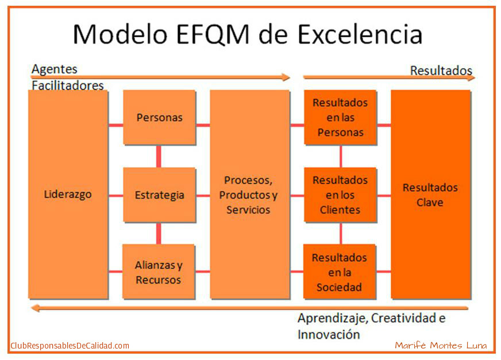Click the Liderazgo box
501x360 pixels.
pos(68,195)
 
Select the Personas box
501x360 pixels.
pos(160,117)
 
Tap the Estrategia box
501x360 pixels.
pos(160,195)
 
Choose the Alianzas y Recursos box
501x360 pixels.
pos(159,272)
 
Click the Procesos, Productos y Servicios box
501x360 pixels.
pos(249,195)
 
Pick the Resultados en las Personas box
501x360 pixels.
pos(340,117)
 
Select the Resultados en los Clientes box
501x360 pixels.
pos(340,195)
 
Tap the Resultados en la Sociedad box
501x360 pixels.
pos(340,272)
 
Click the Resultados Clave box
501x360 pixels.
pos(431,195)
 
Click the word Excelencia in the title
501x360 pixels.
pos(360,34)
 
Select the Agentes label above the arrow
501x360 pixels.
pos(55,69)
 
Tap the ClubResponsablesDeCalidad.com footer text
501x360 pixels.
pos(70,346)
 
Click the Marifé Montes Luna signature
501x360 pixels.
pos(441,345)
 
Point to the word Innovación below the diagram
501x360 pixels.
pos(329,334)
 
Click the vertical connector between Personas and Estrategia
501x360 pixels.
pos(159,156)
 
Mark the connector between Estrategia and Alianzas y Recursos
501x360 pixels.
pos(159,234)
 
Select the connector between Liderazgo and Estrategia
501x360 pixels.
pos(115,195)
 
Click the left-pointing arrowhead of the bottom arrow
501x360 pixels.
pos(35,308)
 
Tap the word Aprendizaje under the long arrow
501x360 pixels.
pos(333,319)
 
